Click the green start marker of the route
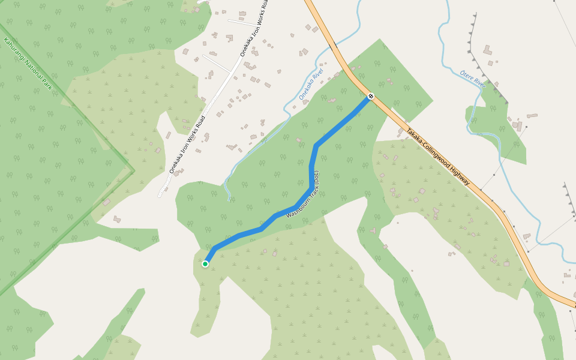coord(205,264)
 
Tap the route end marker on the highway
coord(371,96)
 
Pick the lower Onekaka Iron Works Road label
coord(187,145)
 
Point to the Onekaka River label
coord(311,85)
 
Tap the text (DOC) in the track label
coord(317,178)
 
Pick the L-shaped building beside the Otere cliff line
coord(487,50)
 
